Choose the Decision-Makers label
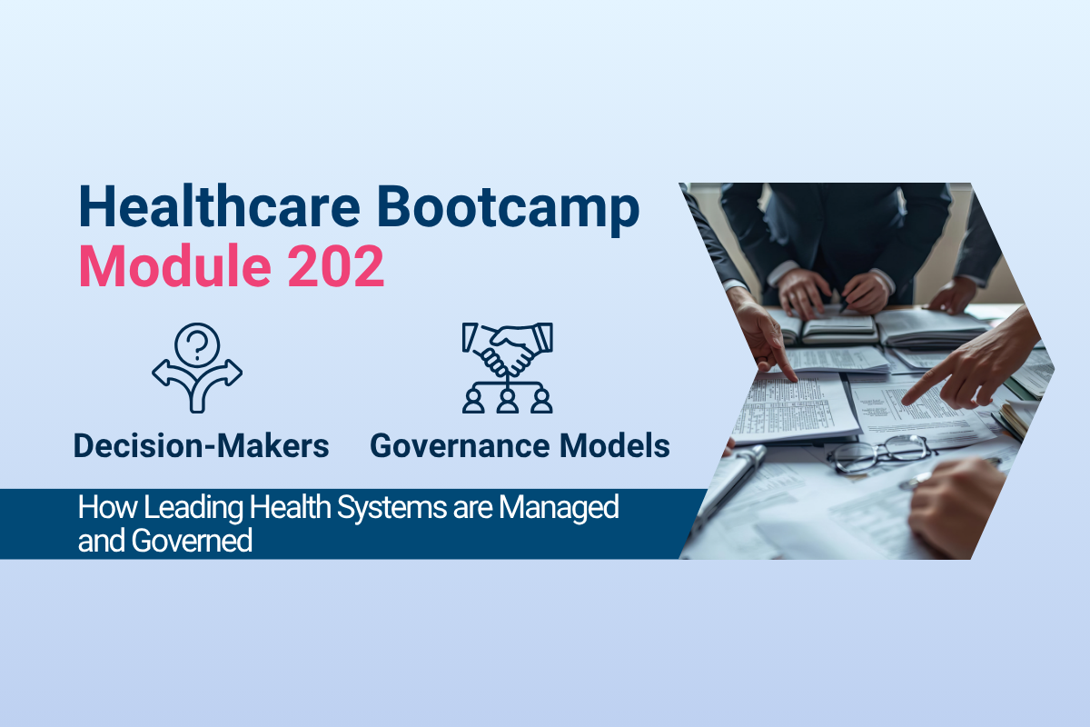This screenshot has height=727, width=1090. pos(202,446)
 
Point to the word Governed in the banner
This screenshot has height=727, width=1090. pos(192,540)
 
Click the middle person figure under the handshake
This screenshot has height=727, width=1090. pos(508,400)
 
